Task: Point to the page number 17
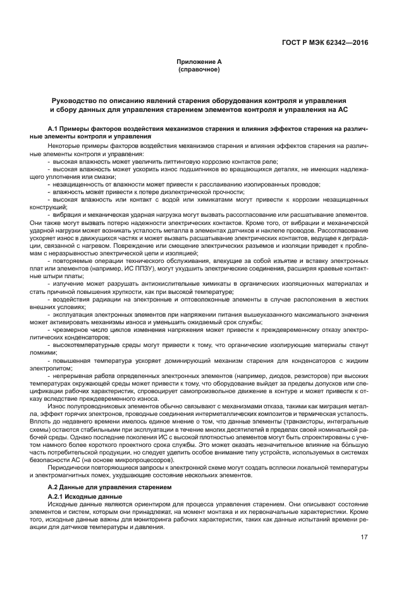[363, 537]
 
